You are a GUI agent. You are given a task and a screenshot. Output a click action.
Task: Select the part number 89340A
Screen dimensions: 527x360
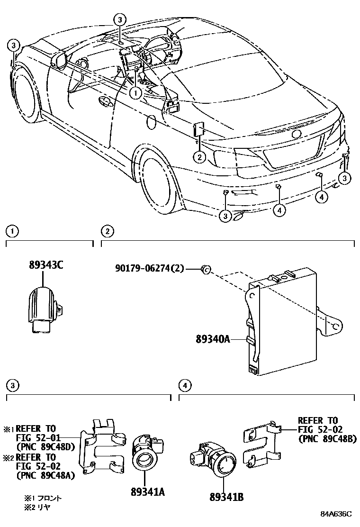pos(212,339)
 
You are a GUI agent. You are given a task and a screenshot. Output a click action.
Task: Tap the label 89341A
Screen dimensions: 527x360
pos(148,492)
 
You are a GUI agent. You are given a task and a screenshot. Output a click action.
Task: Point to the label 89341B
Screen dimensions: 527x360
pos(226,497)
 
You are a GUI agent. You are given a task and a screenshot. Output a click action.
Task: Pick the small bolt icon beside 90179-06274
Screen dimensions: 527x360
pos(206,269)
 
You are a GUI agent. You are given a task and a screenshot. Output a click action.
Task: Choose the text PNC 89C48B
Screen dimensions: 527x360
pos(327,439)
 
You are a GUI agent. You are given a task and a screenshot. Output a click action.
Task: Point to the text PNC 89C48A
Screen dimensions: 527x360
pos(45,475)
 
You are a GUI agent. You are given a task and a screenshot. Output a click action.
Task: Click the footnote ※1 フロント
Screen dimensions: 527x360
pos(44,499)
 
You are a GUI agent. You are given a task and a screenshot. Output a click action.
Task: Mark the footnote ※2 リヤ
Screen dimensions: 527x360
pos(38,507)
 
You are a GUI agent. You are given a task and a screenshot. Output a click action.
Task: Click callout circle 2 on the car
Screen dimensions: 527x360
pos(200,157)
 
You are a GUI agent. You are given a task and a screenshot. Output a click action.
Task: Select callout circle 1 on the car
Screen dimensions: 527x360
pos(135,93)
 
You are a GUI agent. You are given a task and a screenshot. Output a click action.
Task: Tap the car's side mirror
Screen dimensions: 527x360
pos(59,60)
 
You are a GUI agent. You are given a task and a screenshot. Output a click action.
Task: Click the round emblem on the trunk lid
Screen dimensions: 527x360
pos(297,134)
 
